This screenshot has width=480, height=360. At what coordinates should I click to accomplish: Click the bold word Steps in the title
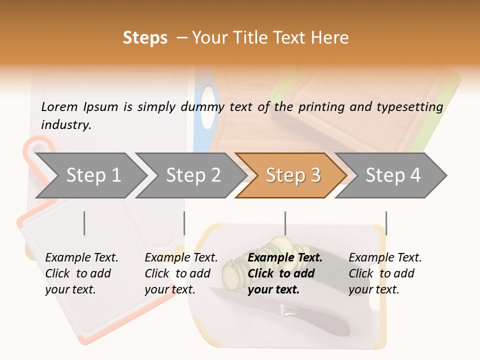pyautogui.click(x=145, y=38)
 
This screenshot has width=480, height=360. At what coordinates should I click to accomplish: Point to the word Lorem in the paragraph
pyautogui.click(x=59, y=106)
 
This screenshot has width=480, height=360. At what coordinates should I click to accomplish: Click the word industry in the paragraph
pyautogui.click(x=66, y=125)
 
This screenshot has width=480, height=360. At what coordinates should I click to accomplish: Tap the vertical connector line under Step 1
pyautogui.click(x=84, y=223)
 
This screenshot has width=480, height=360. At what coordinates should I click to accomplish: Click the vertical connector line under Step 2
pyautogui.click(x=184, y=223)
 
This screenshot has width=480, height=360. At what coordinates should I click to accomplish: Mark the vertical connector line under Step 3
pyautogui.click(x=285, y=223)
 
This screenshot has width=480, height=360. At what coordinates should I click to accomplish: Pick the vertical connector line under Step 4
pyautogui.click(x=386, y=223)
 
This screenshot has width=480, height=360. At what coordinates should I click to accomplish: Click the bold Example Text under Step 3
pyautogui.click(x=285, y=273)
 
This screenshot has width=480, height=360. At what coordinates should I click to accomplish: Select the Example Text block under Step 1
pyautogui.click(x=81, y=273)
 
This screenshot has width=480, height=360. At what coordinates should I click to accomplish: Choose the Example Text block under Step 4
pyautogui.click(x=385, y=273)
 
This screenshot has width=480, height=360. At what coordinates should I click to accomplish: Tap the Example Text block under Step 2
pyautogui.click(x=181, y=273)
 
